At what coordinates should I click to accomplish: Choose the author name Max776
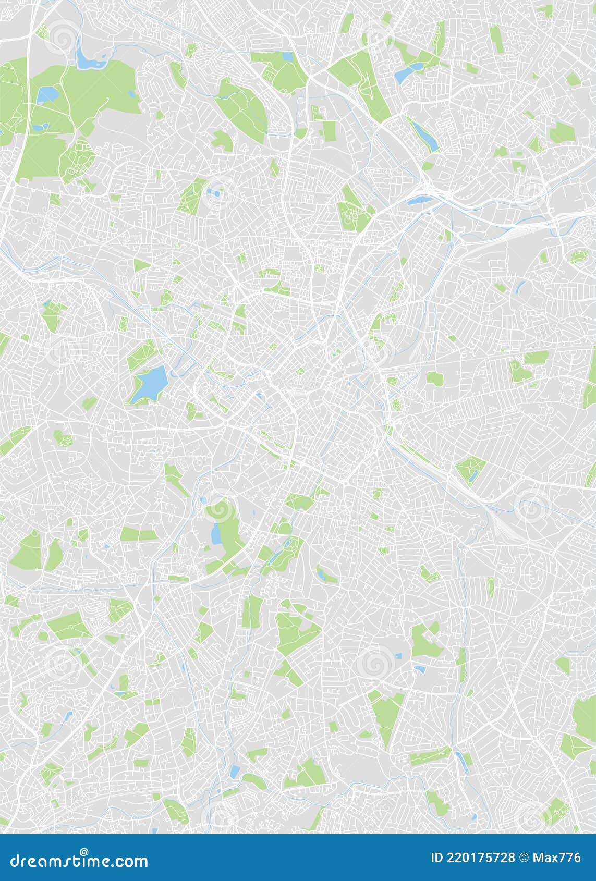tap(559, 858)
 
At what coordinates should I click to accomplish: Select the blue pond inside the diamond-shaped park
tap(472, 475)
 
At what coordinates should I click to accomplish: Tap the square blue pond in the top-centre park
tap(287, 56)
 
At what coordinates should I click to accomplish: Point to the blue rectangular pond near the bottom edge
tap(235, 770)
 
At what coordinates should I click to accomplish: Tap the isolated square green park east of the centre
tap(434, 377)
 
